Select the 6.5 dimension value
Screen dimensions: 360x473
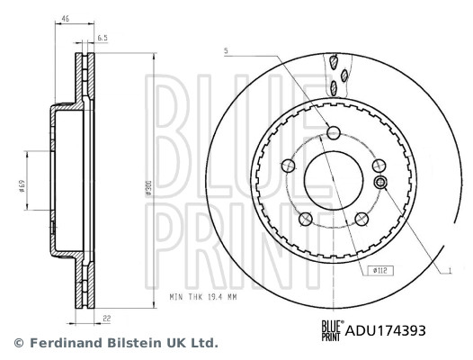click(103, 38)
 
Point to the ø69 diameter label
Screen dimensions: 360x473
click(20, 185)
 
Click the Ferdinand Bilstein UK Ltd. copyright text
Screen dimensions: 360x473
click(114, 344)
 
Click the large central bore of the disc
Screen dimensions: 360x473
click(333, 178)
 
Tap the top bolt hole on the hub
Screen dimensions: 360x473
click(333, 133)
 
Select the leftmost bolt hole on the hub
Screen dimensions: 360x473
click(289, 166)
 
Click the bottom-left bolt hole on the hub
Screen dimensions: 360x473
click(305, 217)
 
